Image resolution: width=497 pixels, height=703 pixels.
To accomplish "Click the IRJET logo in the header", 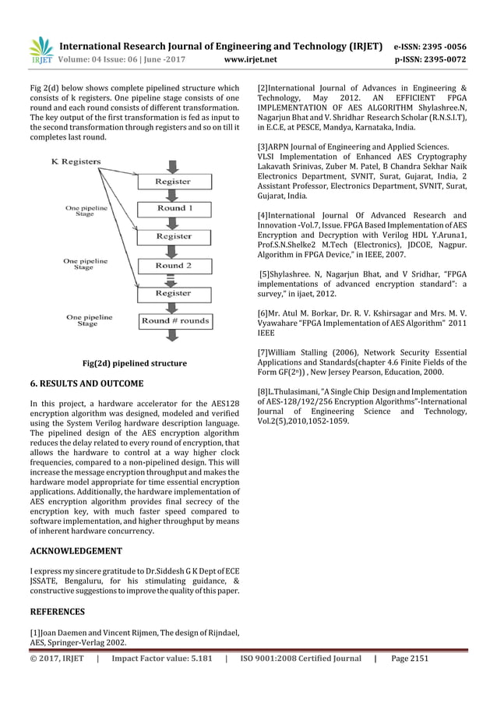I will point(39,48).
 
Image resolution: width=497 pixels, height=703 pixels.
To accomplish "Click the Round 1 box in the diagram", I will point(172,209).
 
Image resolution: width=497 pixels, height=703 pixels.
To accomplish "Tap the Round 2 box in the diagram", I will point(172,266).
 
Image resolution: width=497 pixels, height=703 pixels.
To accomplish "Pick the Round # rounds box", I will point(174,320).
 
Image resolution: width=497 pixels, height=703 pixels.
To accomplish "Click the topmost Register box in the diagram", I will point(172,181).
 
